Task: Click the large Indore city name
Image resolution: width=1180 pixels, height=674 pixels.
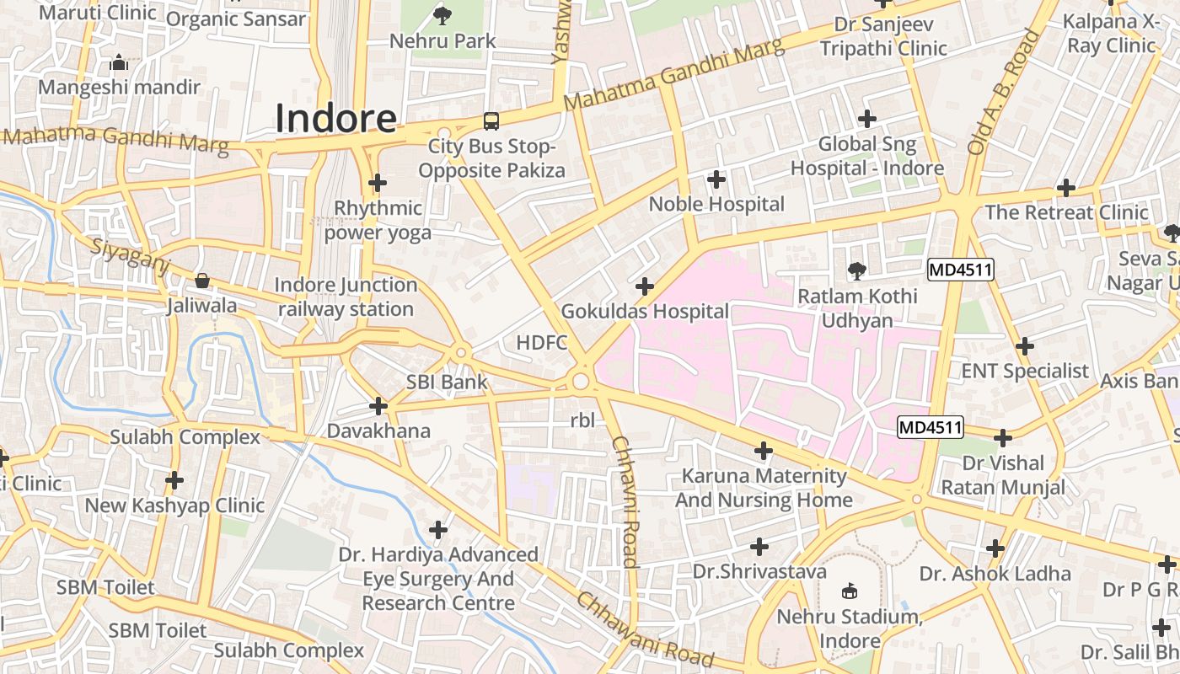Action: (x=335, y=119)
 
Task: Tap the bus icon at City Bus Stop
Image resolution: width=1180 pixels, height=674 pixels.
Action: (x=491, y=121)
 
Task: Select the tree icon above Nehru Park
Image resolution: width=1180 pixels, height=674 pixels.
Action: (x=442, y=14)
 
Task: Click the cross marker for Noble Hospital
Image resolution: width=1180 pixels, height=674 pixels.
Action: (x=716, y=179)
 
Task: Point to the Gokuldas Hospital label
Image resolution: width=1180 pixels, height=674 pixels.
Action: (x=645, y=311)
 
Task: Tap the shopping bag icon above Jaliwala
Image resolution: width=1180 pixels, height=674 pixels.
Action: (x=202, y=280)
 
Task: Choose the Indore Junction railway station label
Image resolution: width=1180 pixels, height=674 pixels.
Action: (x=346, y=297)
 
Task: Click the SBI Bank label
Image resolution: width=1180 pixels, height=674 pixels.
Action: (x=447, y=382)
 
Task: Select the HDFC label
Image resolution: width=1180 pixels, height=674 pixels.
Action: (x=541, y=342)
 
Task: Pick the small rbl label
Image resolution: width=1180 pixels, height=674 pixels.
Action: (x=582, y=420)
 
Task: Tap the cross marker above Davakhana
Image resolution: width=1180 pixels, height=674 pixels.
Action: (x=378, y=407)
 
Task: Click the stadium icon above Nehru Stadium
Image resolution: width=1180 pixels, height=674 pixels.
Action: (x=849, y=591)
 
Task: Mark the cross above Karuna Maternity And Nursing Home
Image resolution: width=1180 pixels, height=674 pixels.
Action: (x=763, y=451)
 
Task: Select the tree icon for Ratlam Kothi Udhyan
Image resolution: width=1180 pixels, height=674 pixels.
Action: (x=856, y=270)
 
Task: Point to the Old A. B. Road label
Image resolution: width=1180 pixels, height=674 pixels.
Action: (x=1004, y=93)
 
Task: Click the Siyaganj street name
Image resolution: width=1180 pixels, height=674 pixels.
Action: (x=130, y=254)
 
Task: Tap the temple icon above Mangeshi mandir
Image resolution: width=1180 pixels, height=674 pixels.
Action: (x=119, y=63)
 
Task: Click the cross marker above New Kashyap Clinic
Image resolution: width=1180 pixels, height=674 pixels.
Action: (x=174, y=480)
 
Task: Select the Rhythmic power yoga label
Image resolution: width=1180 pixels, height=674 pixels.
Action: (x=378, y=220)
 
